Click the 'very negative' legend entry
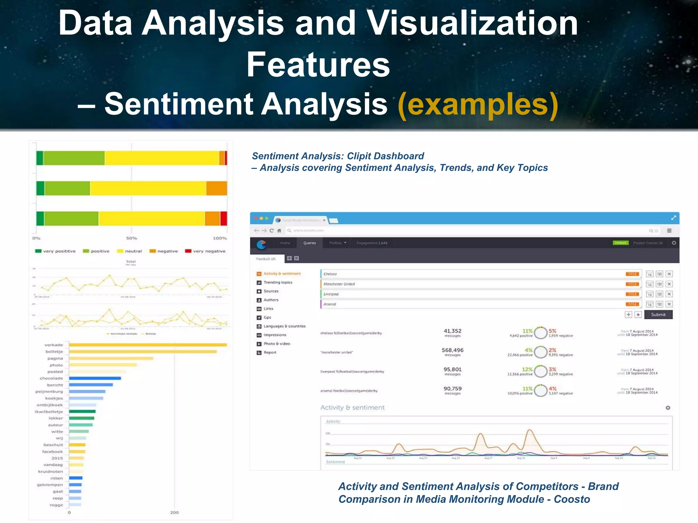pos(205,251)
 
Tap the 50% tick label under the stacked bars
pos(132,238)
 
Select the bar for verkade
pos(148,345)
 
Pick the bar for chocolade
pos(95,378)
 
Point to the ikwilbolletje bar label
pos(49,412)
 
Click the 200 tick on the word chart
pos(174,512)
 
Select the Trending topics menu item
pos(278,282)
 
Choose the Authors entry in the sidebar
pos(271,300)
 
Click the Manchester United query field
pos(470,284)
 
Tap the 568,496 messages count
pos(452,350)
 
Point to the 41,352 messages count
pos(452,331)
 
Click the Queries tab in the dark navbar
pos(309,243)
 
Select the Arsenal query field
pos(470,304)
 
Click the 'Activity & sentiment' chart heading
pos(352,408)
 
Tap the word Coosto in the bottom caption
pos(572,499)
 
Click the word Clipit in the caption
pos(359,156)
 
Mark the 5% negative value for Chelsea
pos(552,331)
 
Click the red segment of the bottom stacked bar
pos(224,219)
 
